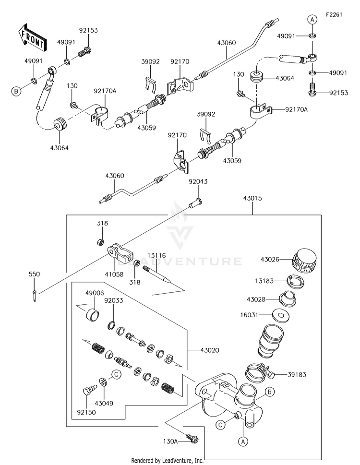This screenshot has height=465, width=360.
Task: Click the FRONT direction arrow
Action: pos(32,37)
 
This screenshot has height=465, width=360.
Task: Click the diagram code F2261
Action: pos(334,15)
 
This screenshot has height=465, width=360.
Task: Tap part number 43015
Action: pos(252,198)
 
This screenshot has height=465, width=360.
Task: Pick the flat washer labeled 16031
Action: pos(280,315)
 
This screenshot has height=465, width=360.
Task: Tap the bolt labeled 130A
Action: pos(192,438)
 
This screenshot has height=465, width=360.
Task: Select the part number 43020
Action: pos(210,350)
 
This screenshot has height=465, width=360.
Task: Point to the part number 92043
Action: pos(198,181)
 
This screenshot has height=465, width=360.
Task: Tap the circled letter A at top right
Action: pos(312,20)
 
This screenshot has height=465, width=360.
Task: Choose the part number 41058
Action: pos(114,274)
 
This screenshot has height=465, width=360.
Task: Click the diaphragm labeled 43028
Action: pos(288,299)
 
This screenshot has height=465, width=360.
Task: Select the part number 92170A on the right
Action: pos(297,110)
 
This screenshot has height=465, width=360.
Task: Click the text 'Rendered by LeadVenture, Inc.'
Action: pos(167,461)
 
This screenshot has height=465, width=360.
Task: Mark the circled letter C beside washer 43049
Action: pos(116,375)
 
